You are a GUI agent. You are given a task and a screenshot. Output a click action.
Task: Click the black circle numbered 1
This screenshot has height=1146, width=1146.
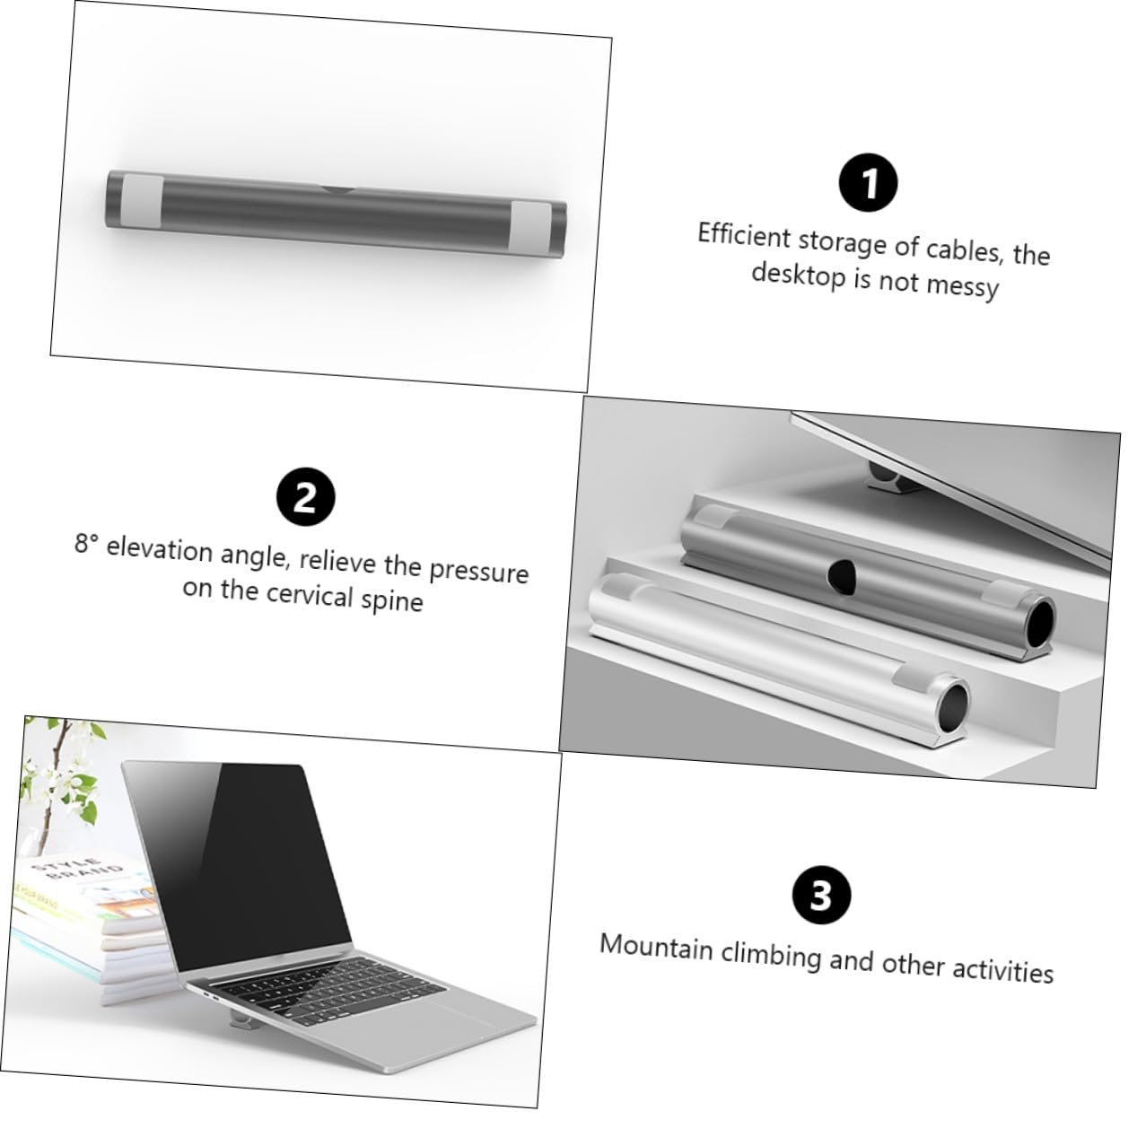868,182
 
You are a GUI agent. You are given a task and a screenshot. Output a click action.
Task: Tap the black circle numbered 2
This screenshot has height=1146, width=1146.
306,496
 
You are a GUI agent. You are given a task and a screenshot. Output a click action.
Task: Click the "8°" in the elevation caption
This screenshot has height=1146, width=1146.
87,543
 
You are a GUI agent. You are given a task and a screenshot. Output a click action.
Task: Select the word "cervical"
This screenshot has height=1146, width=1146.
310,594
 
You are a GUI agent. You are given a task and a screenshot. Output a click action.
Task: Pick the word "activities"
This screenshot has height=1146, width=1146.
1003,970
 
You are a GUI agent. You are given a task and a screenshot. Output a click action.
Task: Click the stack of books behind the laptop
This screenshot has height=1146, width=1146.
89,933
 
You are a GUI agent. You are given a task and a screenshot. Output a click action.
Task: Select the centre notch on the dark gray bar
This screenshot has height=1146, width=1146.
338,190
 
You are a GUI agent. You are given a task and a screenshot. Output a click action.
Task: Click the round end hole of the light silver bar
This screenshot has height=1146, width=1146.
953,709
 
